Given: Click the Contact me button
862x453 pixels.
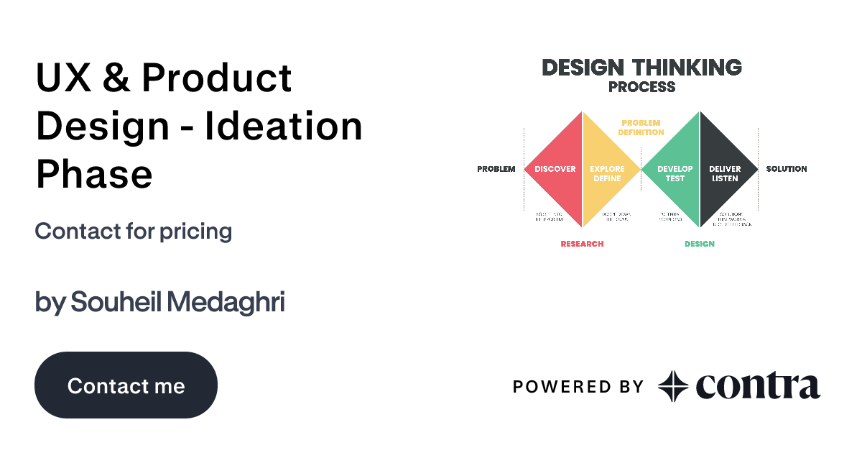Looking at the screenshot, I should click(x=126, y=385).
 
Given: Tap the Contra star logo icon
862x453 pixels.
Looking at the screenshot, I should click(x=673, y=386).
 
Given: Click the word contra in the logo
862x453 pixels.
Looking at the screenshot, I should click(x=757, y=386).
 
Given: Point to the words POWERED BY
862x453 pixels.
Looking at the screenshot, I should click(x=578, y=387).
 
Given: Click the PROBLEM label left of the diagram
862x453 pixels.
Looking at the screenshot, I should click(x=496, y=169).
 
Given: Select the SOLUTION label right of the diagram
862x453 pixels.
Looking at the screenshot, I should click(x=786, y=169).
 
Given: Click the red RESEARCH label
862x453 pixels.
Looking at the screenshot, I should click(x=582, y=244).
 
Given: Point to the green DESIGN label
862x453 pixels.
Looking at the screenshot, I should click(x=699, y=244).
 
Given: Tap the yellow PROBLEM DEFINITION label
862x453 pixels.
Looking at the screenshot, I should click(x=641, y=127).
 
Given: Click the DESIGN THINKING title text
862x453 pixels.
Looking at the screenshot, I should click(x=641, y=68).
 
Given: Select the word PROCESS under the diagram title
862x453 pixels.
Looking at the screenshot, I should click(x=641, y=87).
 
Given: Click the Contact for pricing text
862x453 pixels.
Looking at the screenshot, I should click(x=133, y=232).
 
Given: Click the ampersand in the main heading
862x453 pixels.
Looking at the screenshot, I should click(x=115, y=78).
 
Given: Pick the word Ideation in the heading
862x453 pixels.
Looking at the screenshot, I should click(x=284, y=127).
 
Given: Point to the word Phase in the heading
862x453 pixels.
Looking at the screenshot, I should click(x=94, y=174).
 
